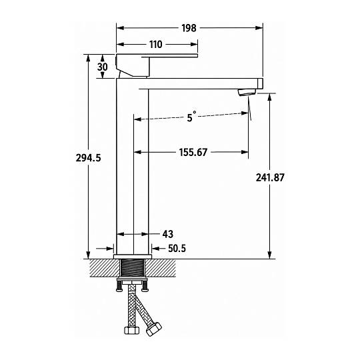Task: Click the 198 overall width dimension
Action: click(189, 28)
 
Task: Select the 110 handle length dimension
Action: click(156, 45)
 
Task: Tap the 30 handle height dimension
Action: click(103, 67)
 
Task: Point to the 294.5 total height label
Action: click(89, 158)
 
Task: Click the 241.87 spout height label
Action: click(270, 177)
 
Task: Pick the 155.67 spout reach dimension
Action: click(193, 153)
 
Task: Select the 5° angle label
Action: click(191, 117)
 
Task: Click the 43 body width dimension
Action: click(168, 235)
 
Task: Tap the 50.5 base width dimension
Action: click(177, 249)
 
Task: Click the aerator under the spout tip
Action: click(247, 92)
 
